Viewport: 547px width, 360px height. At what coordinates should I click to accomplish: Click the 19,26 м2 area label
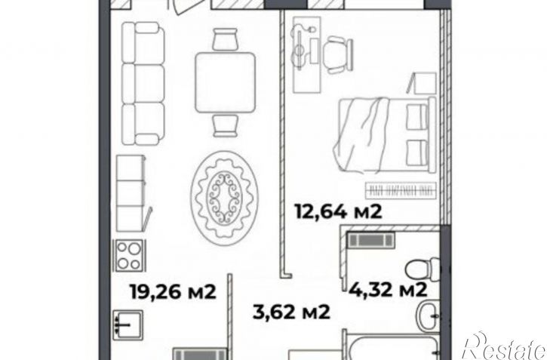click(x=173, y=291)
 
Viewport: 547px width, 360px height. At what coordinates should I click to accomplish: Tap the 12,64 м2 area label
click(x=339, y=211)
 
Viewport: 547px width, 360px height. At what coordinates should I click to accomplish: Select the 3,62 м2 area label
click(x=291, y=312)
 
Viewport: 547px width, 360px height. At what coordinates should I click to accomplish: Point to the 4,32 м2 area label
click(x=388, y=289)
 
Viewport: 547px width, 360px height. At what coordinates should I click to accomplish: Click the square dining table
click(x=225, y=82)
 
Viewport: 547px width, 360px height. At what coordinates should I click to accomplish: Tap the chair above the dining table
click(x=225, y=39)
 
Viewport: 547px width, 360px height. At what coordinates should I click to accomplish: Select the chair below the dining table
click(x=226, y=125)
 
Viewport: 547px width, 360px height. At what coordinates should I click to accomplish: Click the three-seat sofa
click(x=143, y=83)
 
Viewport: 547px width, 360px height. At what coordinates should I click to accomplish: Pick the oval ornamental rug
click(x=225, y=198)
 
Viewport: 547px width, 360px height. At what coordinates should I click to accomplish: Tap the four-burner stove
click(x=130, y=256)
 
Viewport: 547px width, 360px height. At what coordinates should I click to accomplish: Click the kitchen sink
click(x=128, y=325)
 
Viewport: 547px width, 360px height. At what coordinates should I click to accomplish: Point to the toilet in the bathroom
click(x=423, y=269)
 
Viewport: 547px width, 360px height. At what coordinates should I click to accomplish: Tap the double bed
click(x=385, y=135)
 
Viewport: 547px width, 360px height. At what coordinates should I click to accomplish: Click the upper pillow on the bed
click(x=417, y=117)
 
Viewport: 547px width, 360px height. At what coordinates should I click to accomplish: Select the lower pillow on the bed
click(x=417, y=152)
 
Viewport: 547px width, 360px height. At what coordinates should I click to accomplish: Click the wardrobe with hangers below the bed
click(x=401, y=190)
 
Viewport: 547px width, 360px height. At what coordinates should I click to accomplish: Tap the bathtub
click(x=392, y=346)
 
